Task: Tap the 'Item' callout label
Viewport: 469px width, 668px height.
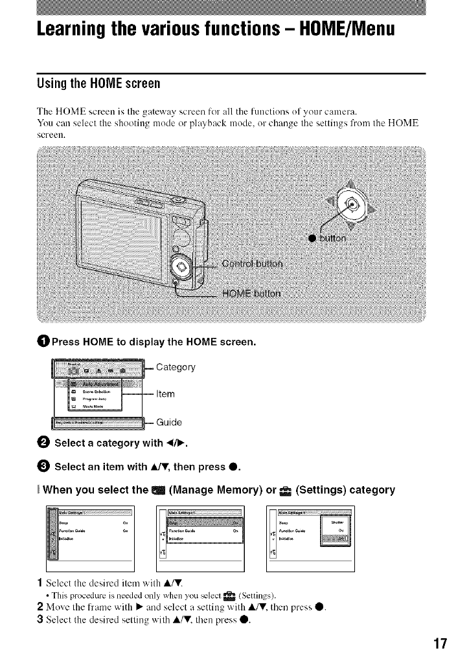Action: (166, 393)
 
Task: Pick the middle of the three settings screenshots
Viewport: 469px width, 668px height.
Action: (201, 534)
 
